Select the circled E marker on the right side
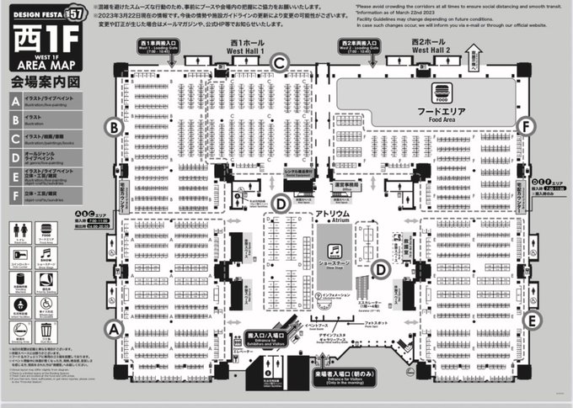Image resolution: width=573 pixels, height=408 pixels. (531, 320)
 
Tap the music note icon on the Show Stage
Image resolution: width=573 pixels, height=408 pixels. (335, 250)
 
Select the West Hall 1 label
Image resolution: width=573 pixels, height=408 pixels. (245, 48)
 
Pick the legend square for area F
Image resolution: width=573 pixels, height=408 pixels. (15, 196)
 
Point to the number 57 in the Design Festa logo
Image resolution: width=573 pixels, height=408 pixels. (74, 13)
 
